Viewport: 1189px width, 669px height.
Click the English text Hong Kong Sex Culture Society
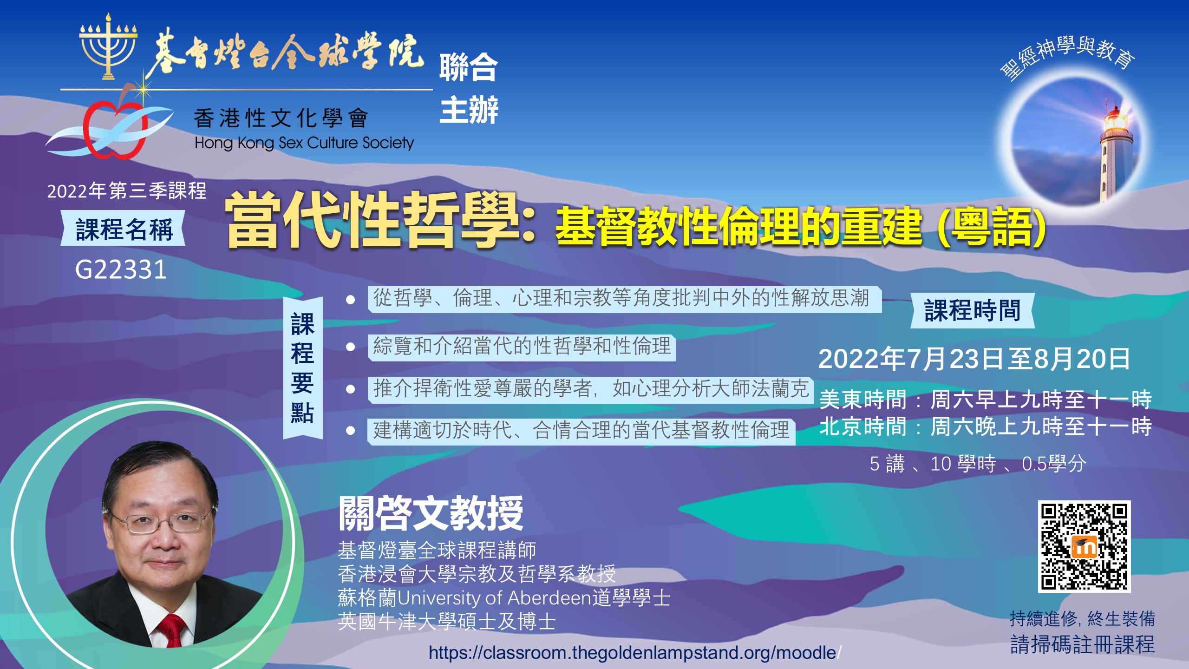click(x=304, y=143)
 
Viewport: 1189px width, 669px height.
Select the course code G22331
click(x=121, y=269)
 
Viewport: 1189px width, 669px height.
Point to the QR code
click(x=1084, y=547)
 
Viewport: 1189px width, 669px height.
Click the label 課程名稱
click(x=124, y=229)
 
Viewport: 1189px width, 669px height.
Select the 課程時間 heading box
click(x=973, y=310)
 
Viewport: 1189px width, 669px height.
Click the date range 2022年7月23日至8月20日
click(x=974, y=359)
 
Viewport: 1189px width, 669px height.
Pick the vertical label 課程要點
click(x=303, y=368)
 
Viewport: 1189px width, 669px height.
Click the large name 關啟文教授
click(x=431, y=513)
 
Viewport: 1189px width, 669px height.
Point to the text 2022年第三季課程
click(x=127, y=190)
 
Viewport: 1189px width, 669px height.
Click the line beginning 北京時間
click(x=985, y=426)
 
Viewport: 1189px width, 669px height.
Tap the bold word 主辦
click(x=469, y=110)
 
